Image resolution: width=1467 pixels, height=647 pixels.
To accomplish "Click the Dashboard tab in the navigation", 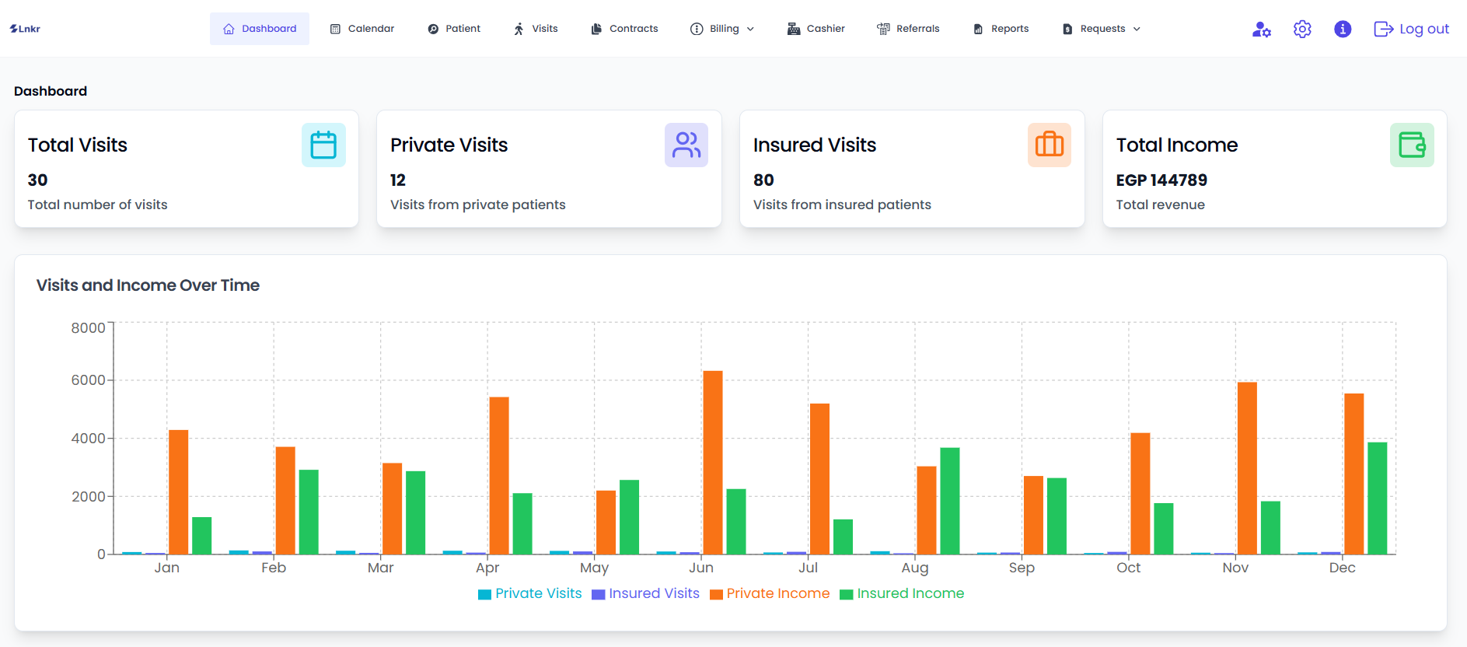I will tap(260, 29).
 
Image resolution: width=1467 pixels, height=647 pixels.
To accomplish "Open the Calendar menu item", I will tap(362, 29).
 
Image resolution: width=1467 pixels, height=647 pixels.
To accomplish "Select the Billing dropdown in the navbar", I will tap(722, 29).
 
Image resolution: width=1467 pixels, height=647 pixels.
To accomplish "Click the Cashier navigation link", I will tap(816, 29).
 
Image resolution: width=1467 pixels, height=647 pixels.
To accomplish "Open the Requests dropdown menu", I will tap(1102, 29).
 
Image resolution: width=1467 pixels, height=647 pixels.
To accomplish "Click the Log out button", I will tap(1412, 29).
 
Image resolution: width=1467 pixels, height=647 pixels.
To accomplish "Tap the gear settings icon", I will tap(1302, 29).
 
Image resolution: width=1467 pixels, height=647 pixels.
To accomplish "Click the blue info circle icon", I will tap(1343, 29).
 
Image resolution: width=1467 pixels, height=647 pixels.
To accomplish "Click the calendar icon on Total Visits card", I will tap(323, 145).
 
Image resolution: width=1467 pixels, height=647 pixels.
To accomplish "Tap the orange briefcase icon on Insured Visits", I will tap(1049, 145).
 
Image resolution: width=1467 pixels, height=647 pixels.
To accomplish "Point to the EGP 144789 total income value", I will tap(1161, 180).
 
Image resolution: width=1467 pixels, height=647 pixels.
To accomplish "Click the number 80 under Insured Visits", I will tap(763, 180).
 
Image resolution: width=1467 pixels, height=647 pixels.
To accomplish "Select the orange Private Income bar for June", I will tap(713, 463).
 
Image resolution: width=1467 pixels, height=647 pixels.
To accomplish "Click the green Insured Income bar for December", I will tap(1377, 498).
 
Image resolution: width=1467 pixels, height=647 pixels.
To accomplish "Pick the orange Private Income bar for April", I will tap(499, 476).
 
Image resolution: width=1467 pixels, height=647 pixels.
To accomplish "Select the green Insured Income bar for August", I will tap(949, 501).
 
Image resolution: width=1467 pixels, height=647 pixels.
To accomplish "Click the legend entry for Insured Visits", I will tap(646, 593).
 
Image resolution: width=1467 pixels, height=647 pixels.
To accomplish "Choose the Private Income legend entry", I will tap(770, 593).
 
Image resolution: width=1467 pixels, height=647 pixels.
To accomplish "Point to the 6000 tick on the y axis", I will tap(88, 380).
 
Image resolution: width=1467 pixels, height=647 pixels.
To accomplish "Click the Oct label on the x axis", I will tap(1128, 568).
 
